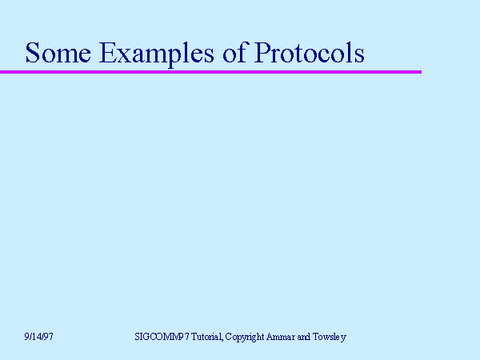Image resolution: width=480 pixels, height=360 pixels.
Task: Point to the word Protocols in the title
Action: click(x=310, y=53)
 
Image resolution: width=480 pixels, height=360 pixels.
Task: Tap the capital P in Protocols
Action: click(x=262, y=53)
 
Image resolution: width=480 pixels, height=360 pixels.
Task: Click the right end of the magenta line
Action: click(x=420, y=72)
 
